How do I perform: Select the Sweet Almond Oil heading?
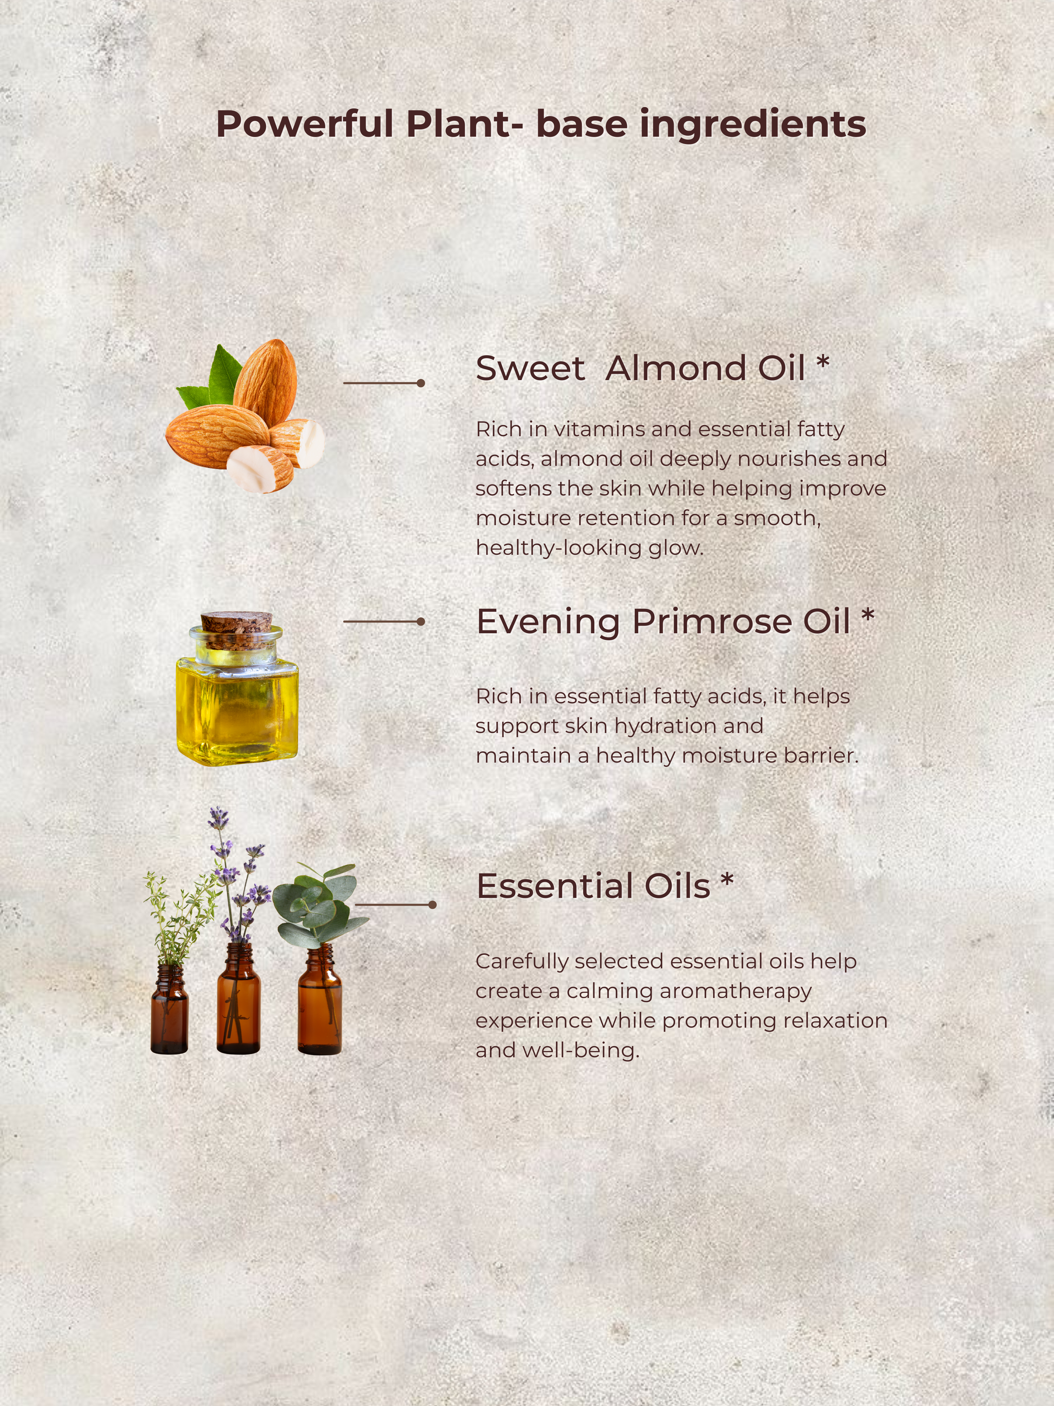[x=641, y=368]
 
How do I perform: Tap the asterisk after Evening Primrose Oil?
[x=868, y=615]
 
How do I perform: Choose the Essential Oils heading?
[x=593, y=886]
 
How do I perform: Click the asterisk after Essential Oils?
[x=727, y=880]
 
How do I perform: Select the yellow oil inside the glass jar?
[x=237, y=709]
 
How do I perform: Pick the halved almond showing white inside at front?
[x=260, y=469]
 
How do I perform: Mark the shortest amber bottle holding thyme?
[x=169, y=1009]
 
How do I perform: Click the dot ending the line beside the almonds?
[x=420, y=383]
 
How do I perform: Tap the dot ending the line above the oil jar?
[x=420, y=621]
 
